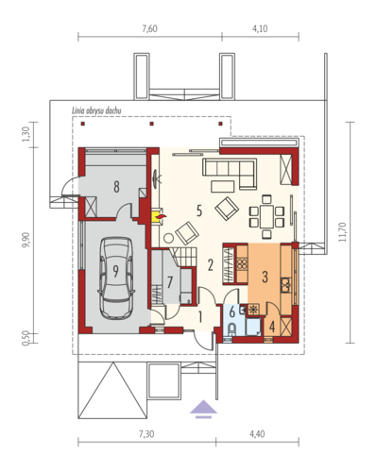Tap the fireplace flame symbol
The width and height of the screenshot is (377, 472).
tap(162, 216)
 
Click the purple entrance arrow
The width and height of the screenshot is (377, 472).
tap(203, 409)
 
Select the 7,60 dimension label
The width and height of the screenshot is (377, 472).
tap(149, 28)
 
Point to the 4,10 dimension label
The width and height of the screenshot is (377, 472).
tap(260, 28)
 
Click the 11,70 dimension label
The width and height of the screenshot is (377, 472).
tap(342, 232)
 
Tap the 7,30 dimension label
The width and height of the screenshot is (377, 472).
tap(146, 434)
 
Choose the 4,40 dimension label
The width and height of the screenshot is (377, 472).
tap(257, 434)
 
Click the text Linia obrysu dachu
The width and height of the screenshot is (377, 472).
tap(96, 110)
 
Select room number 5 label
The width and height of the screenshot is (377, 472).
tap(199, 211)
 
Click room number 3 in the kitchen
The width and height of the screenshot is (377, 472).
tap(265, 277)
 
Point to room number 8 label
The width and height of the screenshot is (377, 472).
tap(116, 187)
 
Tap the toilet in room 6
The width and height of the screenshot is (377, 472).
tap(231, 329)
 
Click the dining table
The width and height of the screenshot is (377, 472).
tap(266, 216)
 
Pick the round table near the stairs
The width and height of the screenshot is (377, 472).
tap(168, 238)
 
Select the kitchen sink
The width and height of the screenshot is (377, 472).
tap(286, 285)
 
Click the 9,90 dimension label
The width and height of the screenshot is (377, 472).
tap(26, 240)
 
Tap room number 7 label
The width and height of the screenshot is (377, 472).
tap(170, 282)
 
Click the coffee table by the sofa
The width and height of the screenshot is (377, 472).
tap(223, 186)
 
